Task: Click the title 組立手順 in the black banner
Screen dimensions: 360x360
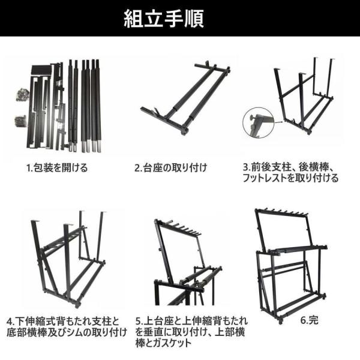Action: pyautogui.click(x=164, y=19)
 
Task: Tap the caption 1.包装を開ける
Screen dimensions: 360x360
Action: pyautogui.click(x=57, y=168)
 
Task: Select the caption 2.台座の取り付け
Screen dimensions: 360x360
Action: pyautogui.click(x=170, y=168)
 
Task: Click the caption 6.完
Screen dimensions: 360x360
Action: pyautogui.click(x=309, y=320)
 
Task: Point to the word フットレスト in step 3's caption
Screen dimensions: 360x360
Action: pyautogui.click(x=265, y=178)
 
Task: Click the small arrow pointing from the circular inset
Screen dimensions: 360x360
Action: pyautogui.click(x=278, y=122)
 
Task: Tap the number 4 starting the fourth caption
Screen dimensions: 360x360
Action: pyautogui.click(x=9, y=322)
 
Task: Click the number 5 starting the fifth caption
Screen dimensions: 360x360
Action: pyautogui.click(x=138, y=322)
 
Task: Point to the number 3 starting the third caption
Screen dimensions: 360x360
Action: pyautogui.click(x=246, y=167)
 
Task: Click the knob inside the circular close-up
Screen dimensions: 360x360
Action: pyautogui.click(x=252, y=118)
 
